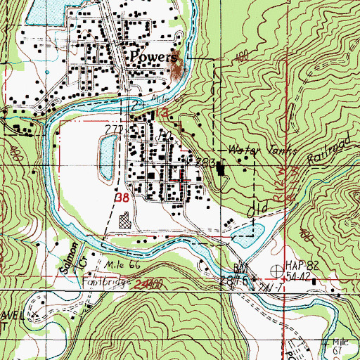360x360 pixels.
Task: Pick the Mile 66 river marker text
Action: [118, 266]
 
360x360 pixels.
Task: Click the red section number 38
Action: [122, 199]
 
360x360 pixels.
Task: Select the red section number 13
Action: [162, 112]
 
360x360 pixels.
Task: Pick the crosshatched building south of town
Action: [126, 223]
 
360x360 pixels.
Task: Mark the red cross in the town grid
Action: [181, 179]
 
